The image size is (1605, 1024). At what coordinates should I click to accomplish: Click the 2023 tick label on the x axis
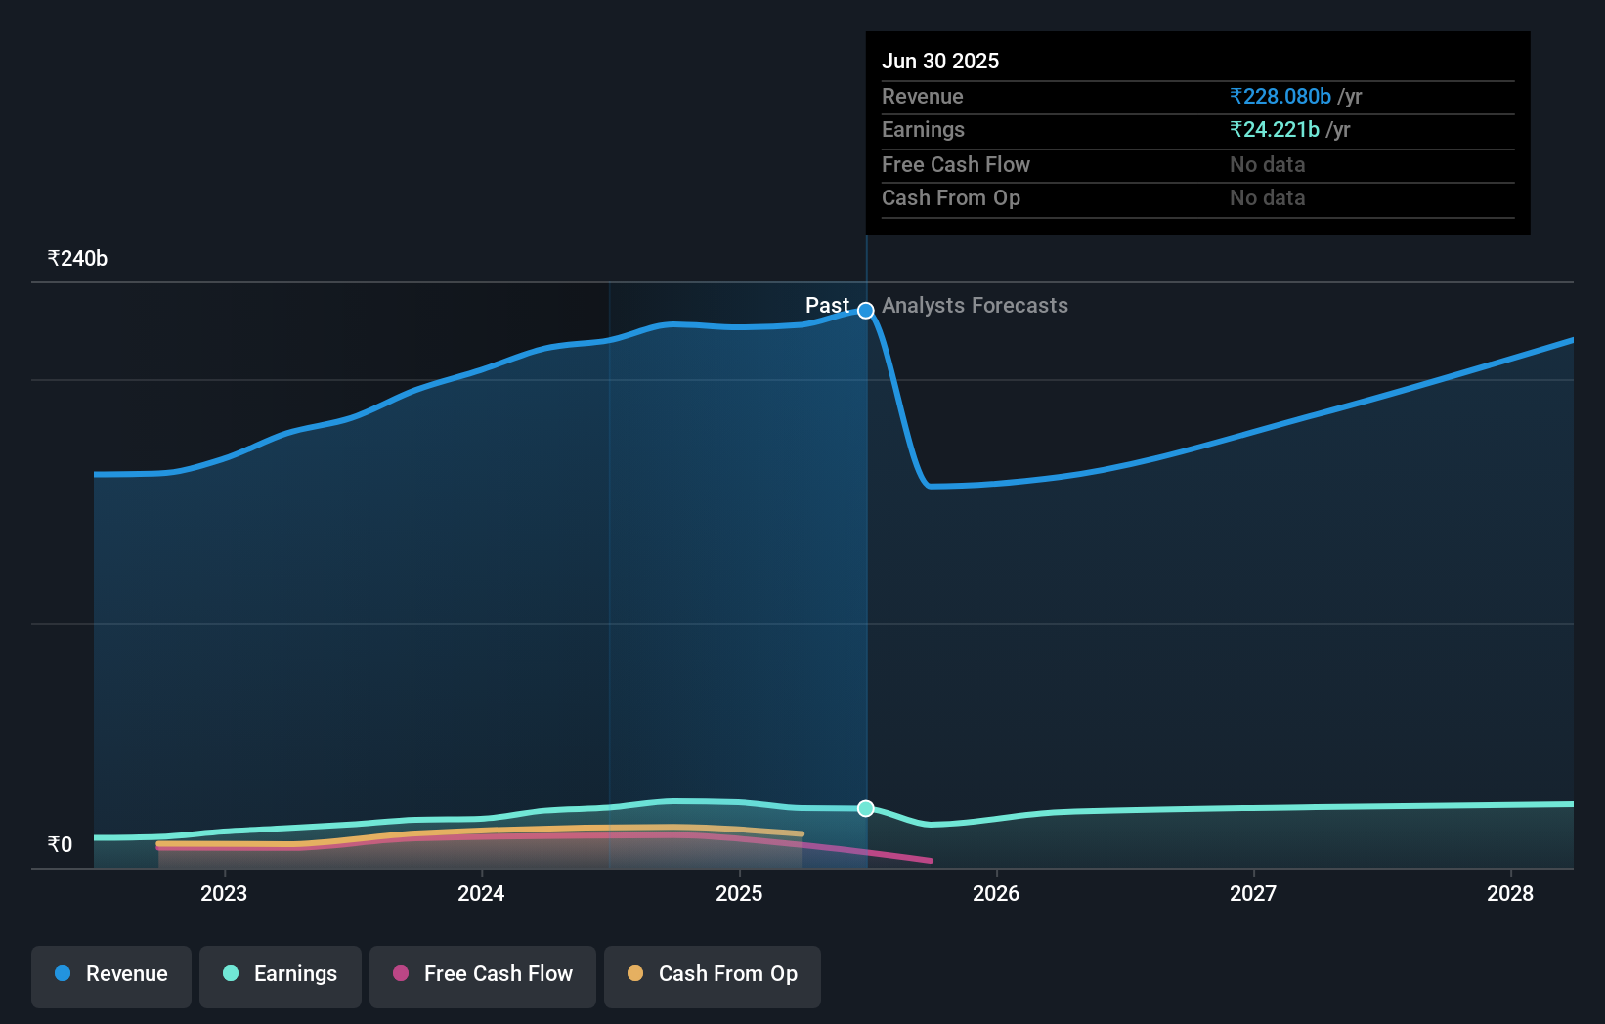(224, 893)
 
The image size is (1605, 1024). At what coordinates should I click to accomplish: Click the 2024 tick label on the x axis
(481, 893)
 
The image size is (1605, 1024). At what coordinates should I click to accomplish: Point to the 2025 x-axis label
(739, 893)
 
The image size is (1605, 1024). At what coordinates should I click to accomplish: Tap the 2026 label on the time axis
(996, 893)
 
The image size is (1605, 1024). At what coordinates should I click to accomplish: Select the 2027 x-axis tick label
(1253, 893)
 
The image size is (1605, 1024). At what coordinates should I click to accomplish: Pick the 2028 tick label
(1510, 893)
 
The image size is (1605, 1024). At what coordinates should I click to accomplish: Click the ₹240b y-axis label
(77, 259)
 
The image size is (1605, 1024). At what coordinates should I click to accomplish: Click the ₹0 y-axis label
(60, 844)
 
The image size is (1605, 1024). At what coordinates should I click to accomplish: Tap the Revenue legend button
(111, 974)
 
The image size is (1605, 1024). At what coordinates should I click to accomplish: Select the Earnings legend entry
(281, 974)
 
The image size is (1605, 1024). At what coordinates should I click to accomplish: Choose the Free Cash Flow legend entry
(483, 974)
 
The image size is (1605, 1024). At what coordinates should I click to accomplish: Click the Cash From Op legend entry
(713, 974)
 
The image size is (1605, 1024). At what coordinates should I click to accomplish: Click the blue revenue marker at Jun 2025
(866, 311)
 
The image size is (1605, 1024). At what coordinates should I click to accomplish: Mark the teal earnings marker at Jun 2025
(866, 808)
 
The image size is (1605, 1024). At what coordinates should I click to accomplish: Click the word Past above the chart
(827, 306)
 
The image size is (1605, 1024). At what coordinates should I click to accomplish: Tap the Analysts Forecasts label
(975, 306)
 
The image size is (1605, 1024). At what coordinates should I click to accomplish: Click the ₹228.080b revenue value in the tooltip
(1280, 97)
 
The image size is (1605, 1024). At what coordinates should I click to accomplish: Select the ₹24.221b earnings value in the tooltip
(1275, 130)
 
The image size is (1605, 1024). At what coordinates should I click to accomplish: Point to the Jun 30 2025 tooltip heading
(940, 62)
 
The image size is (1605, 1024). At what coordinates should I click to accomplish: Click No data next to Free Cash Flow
(1267, 165)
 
